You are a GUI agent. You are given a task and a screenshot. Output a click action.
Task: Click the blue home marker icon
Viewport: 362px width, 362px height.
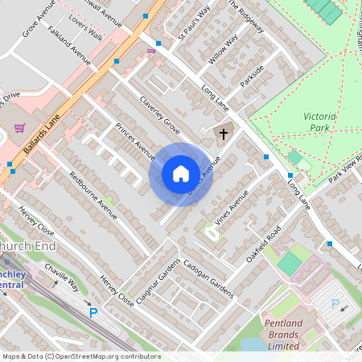point(181,174)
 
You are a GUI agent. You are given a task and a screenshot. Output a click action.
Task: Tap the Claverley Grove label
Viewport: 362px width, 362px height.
point(160,113)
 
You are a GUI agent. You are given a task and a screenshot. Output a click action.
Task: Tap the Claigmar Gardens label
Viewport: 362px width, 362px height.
point(158,281)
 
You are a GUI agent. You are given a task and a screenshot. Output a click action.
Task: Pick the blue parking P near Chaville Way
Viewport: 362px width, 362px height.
point(93,313)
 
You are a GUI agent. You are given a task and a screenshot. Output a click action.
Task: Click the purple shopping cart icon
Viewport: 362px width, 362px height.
point(19,127)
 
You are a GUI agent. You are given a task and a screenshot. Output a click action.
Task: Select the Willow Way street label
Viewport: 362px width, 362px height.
point(223,50)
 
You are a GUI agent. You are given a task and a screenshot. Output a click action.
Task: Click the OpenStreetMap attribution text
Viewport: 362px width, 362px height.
point(80,356)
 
